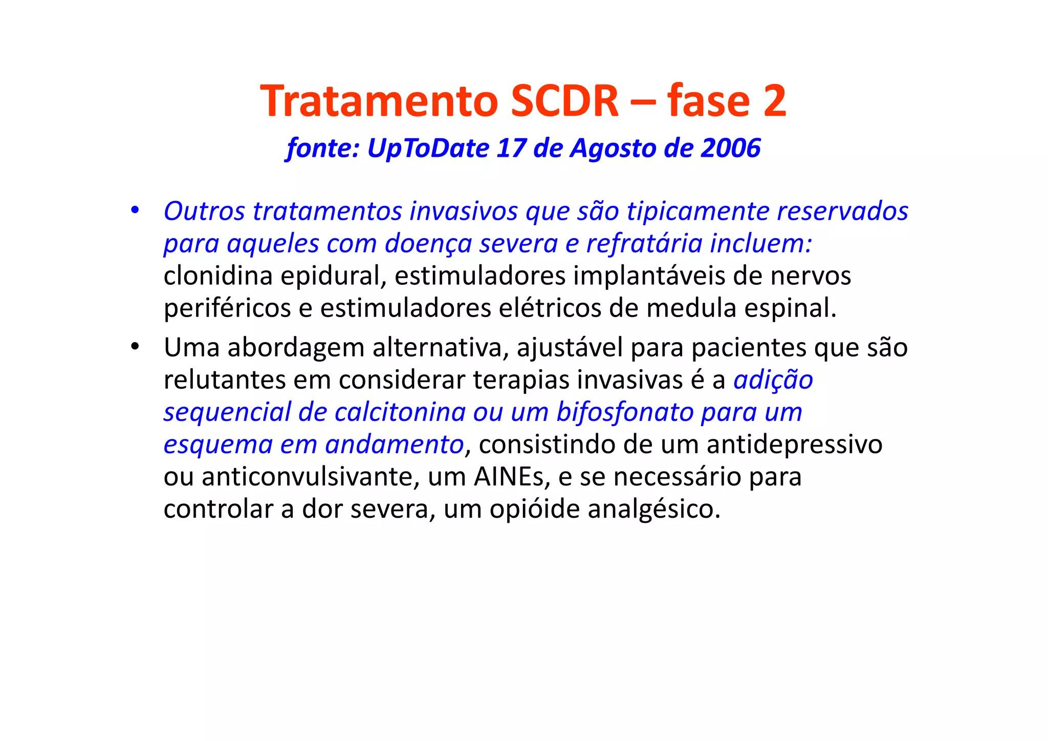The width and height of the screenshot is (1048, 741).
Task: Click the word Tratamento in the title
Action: [x=379, y=101]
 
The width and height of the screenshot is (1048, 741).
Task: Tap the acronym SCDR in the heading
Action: [x=564, y=101]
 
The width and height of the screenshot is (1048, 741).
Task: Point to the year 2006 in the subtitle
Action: [x=731, y=148]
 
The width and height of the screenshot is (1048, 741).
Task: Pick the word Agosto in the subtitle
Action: [x=613, y=149]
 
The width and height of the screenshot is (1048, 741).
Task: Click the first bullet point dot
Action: [x=135, y=210]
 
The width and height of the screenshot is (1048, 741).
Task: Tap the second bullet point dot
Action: [x=135, y=347]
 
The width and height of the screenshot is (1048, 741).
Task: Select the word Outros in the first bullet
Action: [x=204, y=211]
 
